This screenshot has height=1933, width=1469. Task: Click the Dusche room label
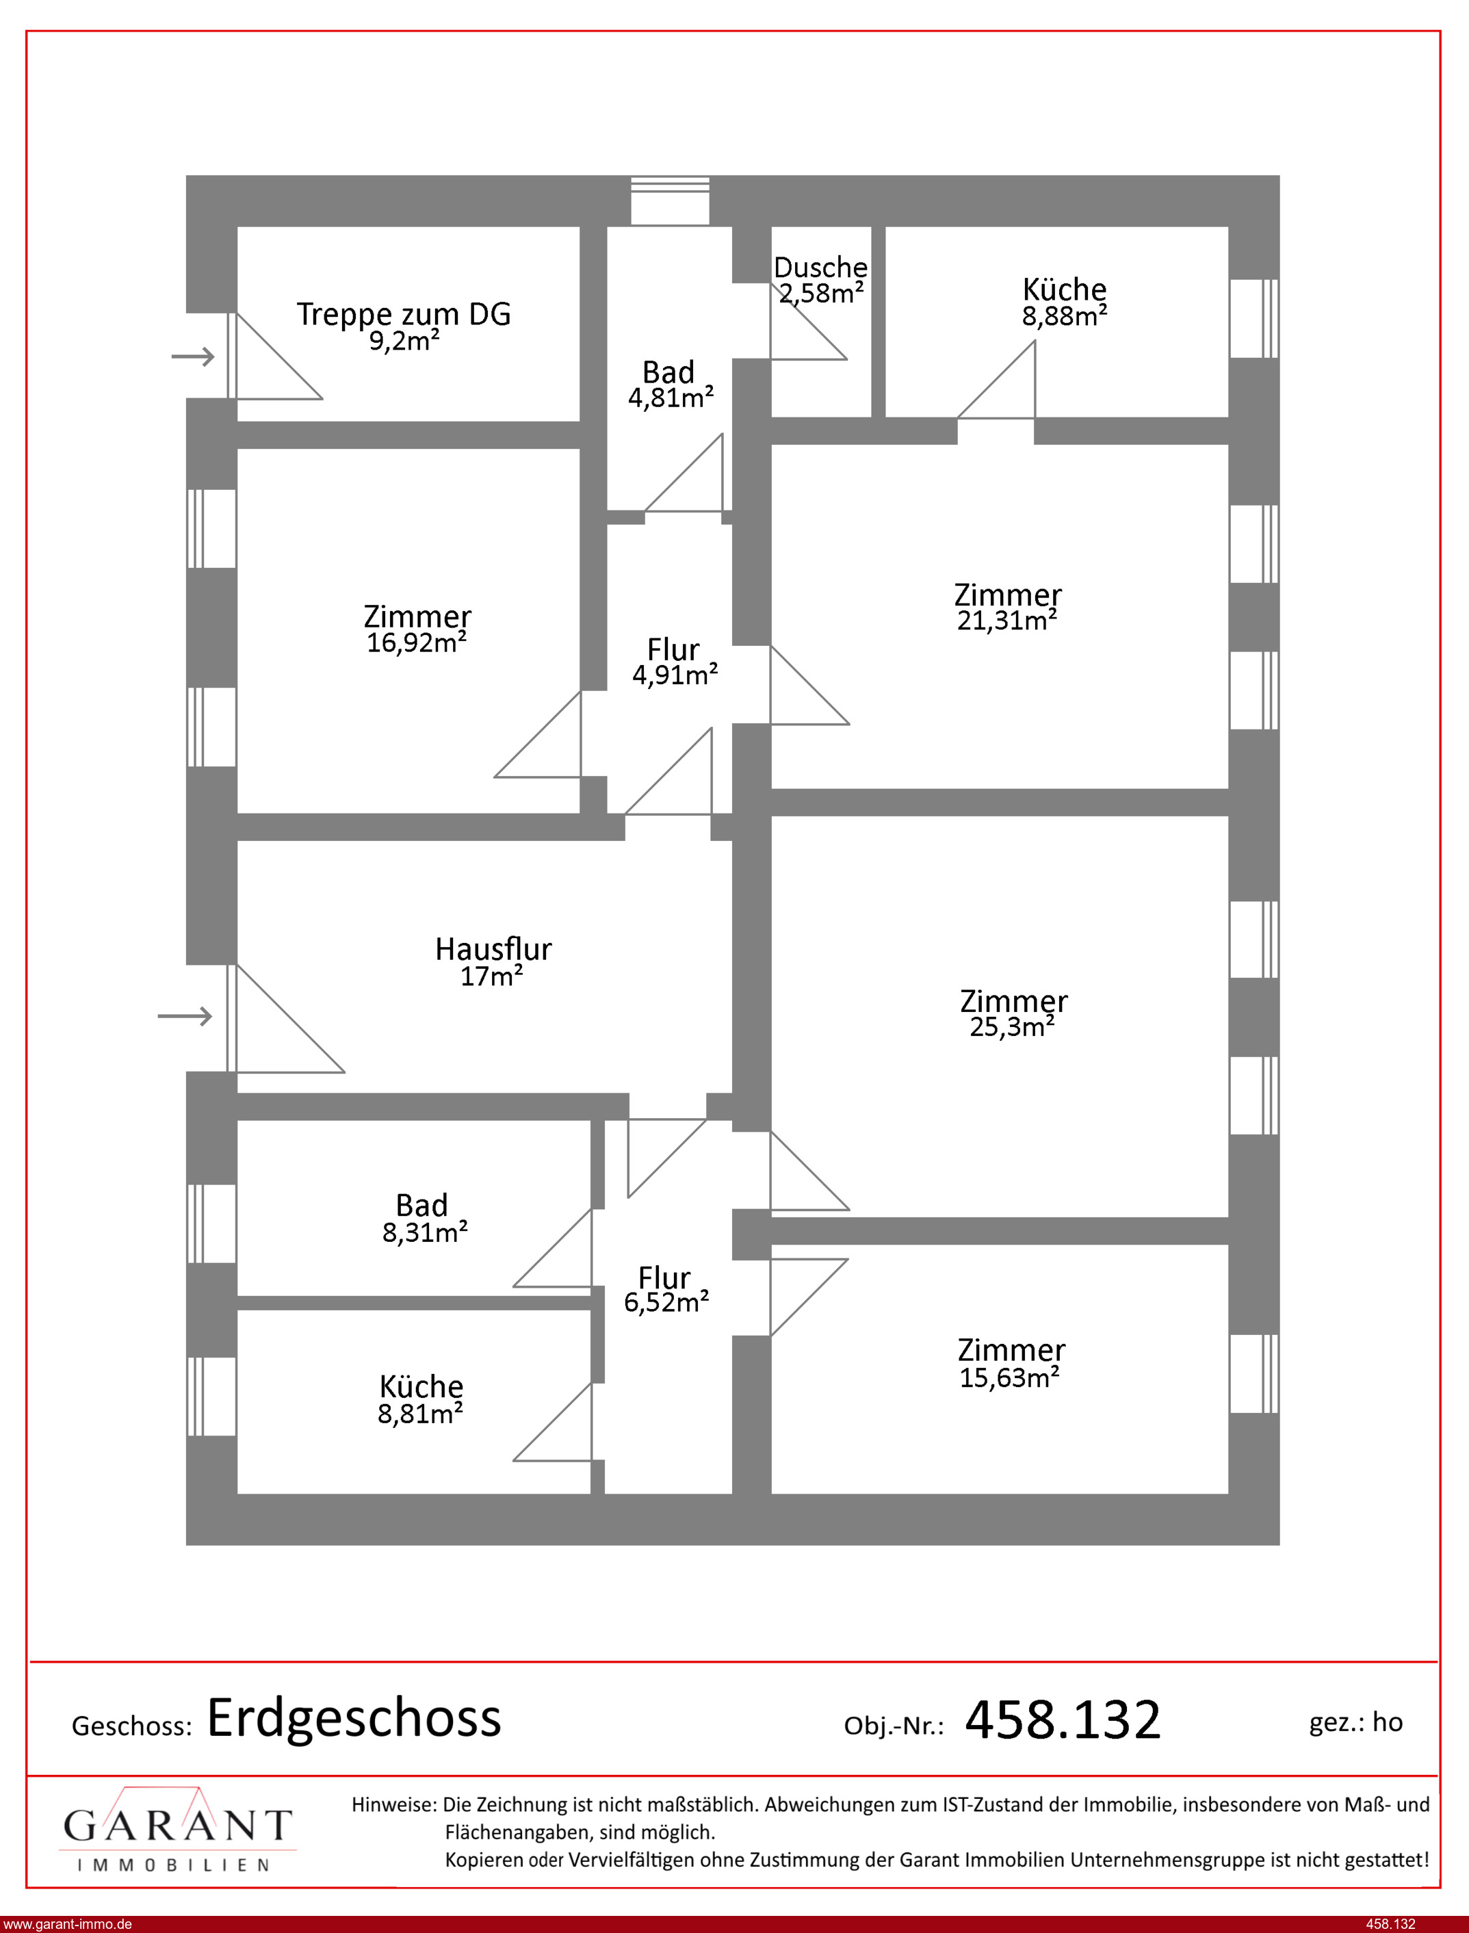click(x=820, y=267)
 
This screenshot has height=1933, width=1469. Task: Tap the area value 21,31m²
click(x=1007, y=621)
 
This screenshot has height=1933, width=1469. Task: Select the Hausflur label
click(x=493, y=948)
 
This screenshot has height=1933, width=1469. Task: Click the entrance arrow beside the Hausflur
click(x=185, y=1016)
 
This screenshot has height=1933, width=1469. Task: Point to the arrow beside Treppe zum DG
click(x=192, y=356)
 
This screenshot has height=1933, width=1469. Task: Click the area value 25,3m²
click(x=1012, y=1026)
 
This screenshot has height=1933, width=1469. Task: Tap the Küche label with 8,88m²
click(x=1064, y=289)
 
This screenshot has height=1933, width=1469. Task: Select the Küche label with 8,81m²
click(x=421, y=1386)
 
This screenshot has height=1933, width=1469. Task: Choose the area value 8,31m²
click(x=425, y=1233)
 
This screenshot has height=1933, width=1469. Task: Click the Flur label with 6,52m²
click(x=664, y=1277)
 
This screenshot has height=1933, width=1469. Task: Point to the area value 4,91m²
click(x=675, y=675)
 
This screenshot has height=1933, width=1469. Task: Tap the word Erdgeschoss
click(x=354, y=1718)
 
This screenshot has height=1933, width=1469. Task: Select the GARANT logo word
click(x=177, y=1826)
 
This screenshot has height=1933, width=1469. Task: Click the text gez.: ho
click(x=1355, y=1722)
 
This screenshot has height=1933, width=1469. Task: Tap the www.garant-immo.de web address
click(x=67, y=1923)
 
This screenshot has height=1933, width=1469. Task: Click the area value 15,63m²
click(x=1010, y=1378)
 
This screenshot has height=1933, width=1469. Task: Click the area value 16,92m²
click(x=416, y=643)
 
